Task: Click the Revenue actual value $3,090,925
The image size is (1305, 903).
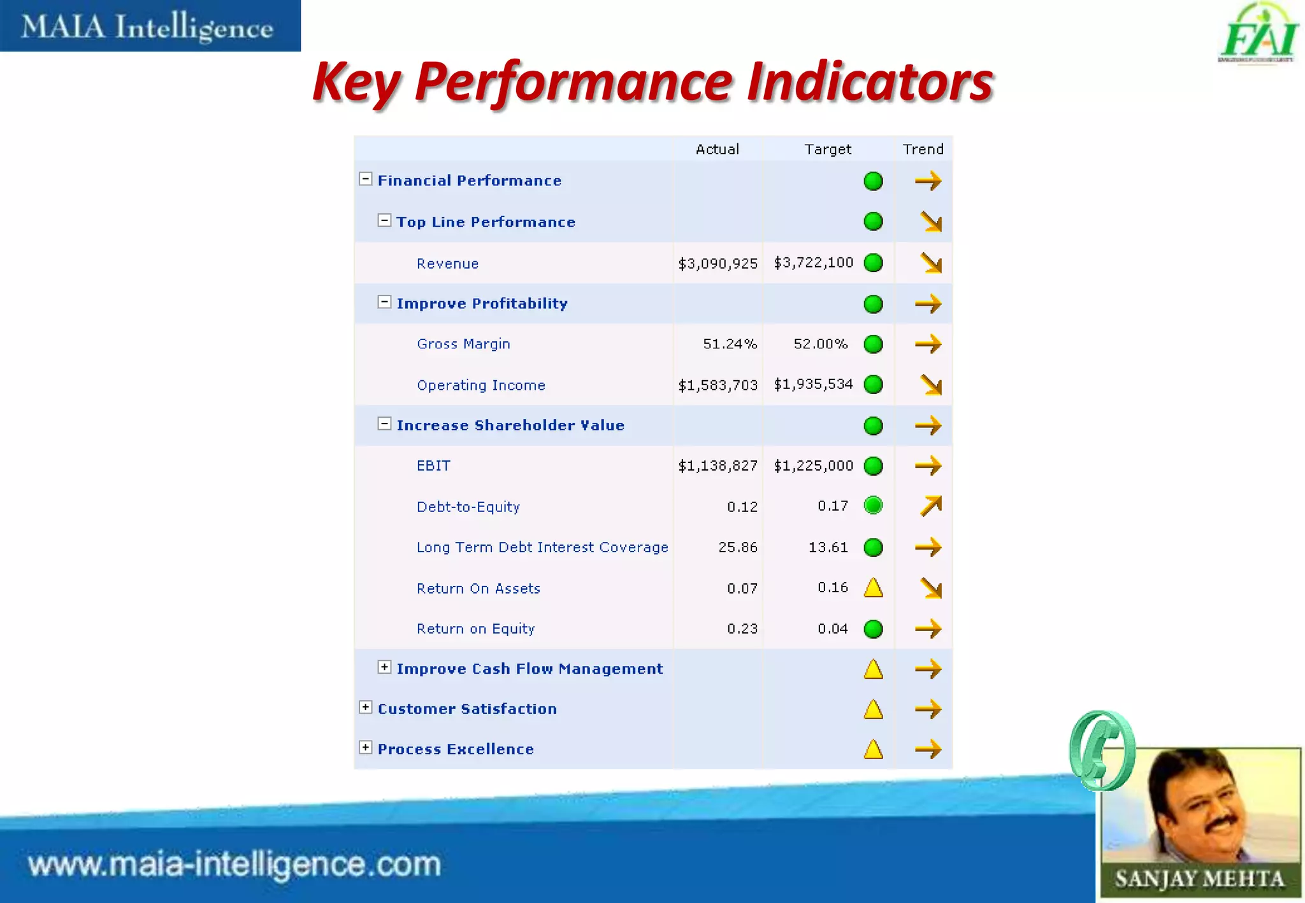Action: (x=717, y=264)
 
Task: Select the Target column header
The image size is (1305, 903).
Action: (x=827, y=149)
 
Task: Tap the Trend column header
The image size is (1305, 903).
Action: (x=923, y=149)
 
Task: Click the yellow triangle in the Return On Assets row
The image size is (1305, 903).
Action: (x=873, y=588)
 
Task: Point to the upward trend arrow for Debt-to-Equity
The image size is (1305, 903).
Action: (x=930, y=506)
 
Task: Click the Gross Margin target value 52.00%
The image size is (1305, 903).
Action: (x=820, y=344)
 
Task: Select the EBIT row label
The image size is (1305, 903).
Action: (x=433, y=466)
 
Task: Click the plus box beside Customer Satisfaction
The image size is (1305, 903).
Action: (x=366, y=707)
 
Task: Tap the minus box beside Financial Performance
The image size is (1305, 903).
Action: (x=366, y=179)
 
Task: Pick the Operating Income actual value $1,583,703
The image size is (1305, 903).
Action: (x=717, y=385)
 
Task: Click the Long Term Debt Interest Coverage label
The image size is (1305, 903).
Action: (x=542, y=548)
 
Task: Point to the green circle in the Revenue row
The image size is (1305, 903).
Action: (x=873, y=263)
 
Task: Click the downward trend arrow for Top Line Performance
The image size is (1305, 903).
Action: (x=930, y=222)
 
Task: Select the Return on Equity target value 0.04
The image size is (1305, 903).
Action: (x=832, y=629)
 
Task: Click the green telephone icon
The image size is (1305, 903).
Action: (x=1102, y=750)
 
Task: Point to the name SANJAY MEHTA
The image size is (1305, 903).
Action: (x=1199, y=879)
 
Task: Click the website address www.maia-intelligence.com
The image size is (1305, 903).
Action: (x=234, y=865)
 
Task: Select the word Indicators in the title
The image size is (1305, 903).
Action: (x=869, y=82)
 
